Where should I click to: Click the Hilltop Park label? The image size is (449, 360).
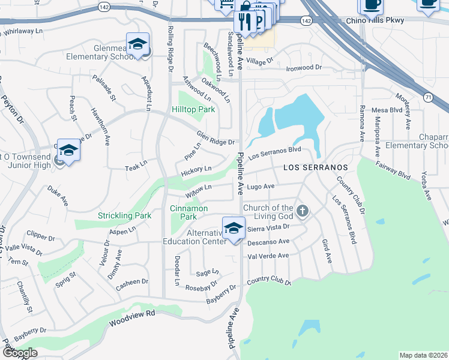[x=193, y=110]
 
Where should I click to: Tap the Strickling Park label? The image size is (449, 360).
[x=125, y=215]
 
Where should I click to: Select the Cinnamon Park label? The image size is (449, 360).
[x=188, y=212]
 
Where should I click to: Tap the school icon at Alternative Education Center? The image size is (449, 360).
[x=234, y=229]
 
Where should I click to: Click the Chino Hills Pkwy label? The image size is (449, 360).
[x=376, y=20]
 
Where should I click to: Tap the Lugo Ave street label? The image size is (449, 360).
[x=261, y=187]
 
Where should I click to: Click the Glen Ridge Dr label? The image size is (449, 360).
[x=215, y=137]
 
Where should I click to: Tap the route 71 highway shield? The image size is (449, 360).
[x=427, y=96]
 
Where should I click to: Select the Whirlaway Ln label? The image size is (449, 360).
[x=24, y=30]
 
